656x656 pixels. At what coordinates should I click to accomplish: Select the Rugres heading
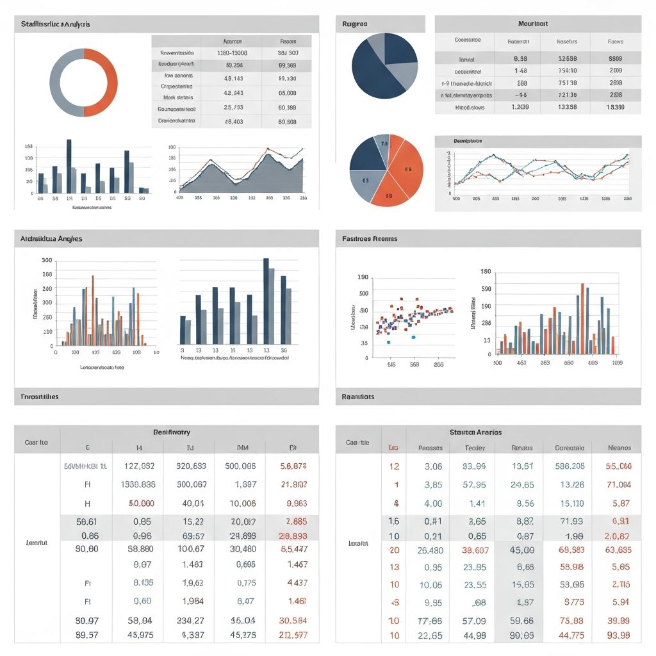[355, 24]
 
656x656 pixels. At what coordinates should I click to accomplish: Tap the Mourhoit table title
[536, 24]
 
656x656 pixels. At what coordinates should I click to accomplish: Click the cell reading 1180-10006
[232, 53]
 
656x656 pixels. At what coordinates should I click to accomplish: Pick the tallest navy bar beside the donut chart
[69, 166]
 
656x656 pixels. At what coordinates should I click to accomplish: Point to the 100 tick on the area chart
[172, 147]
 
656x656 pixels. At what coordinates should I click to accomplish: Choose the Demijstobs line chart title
[468, 141]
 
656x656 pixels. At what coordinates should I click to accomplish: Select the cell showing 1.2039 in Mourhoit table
[520, 108]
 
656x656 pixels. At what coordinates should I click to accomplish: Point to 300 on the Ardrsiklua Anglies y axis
[46, 261]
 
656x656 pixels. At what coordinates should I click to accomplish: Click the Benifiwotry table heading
[171, 432]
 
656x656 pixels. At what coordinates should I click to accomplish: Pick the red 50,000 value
[138, 504]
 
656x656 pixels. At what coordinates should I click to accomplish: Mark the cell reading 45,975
[138, 635]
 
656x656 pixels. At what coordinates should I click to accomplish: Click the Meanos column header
[619, 448]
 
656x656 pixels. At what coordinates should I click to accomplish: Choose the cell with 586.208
[569, 466]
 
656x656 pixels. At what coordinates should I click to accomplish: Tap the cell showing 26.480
[429, 550]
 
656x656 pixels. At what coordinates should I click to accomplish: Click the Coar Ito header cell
[36, 442]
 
